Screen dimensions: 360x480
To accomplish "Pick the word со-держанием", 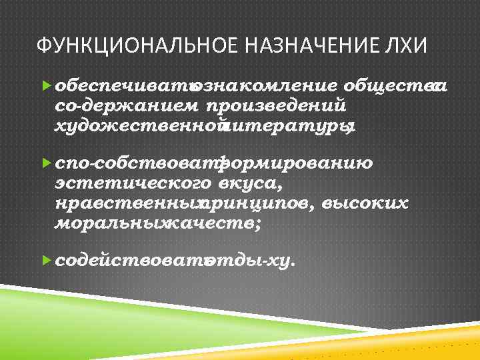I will coord(127,105).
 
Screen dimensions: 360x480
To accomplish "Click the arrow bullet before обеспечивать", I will coord(46,86).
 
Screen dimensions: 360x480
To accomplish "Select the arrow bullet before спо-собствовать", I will coord(46,163).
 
